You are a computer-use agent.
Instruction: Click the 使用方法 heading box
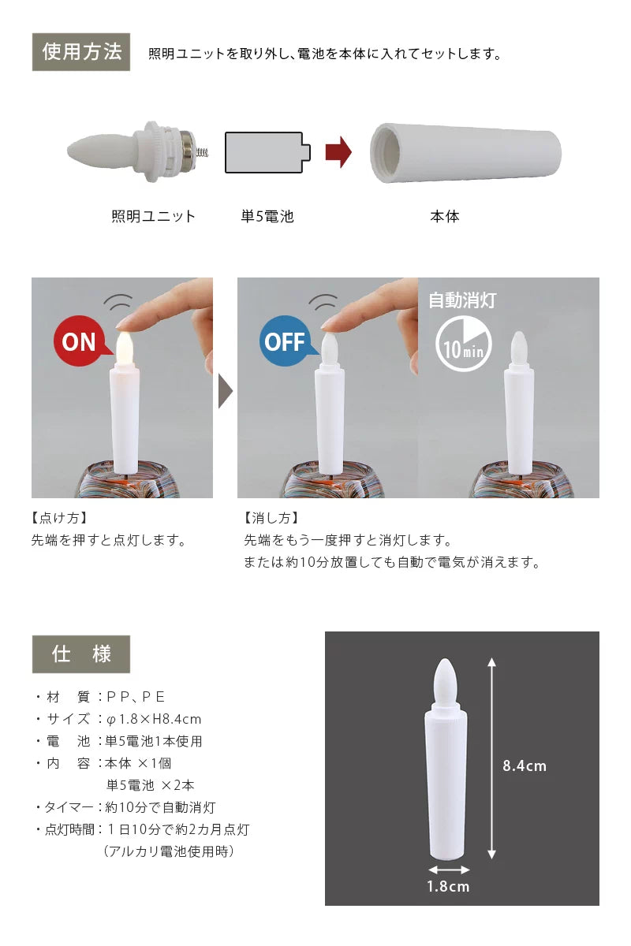click(x=81, y=53)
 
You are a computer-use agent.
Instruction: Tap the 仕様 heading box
click(x=81, y=654)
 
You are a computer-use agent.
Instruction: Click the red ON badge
click(x=79, y=341)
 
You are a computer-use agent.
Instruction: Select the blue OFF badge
click(x=285, y=341)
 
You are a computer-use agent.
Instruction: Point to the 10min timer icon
click(x=464, y=345)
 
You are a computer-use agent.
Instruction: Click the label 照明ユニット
click(x=153, y=216)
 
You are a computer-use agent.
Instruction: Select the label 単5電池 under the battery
click(x=267, y=216)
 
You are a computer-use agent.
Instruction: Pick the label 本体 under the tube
click(x=444, y=216)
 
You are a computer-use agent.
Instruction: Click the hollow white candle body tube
click(x=465, y=151)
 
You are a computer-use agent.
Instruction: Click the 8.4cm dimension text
click(x=525, y=765)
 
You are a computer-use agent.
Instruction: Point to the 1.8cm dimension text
click(x=448, y=886)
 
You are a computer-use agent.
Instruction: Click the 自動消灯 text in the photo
click(x=462, y=300)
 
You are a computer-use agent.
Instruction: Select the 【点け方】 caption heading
click(x=59, y=518)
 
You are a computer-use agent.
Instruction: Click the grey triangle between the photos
click(x=226, y=389)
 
